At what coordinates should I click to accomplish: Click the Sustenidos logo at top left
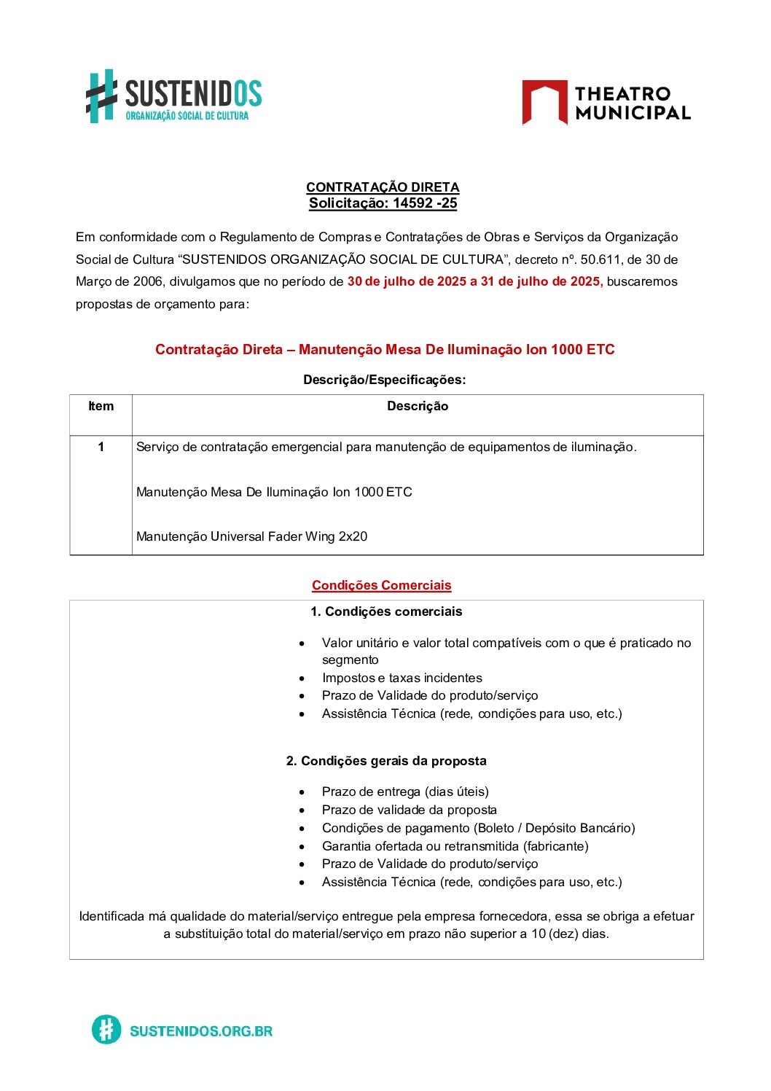[x=173, y=96]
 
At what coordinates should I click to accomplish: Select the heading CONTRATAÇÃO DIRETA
[x=383, y=187]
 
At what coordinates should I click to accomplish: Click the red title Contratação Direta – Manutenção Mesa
[x=385, y=350]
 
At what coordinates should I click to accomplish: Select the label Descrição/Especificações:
[x=384, y=380]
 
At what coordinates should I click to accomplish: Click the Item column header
[x=101, y=407]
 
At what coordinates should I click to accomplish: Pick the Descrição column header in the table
[x=418, y=407]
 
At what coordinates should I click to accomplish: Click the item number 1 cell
[x=101, y=447]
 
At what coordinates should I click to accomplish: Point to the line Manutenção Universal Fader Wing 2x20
[x=251, y=536]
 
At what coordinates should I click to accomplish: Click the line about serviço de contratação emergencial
[x=386, y=447]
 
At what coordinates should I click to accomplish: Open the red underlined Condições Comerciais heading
[x=381, y=585]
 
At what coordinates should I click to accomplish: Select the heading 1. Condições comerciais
[x=386, y=611]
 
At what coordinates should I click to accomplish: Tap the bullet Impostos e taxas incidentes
[x=402, y=678]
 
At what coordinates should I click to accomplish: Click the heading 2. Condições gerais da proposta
[x=386, y=761]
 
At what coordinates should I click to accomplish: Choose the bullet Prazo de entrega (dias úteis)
[x=405, y=791]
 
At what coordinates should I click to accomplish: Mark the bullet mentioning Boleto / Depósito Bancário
[x=478, y=828]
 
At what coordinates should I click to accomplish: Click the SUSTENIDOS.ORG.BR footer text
[x=200, y=1031]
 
